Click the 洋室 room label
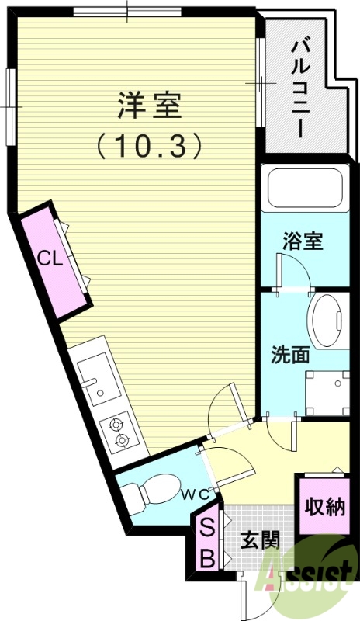150,105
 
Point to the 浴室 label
302,241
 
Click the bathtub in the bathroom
306,189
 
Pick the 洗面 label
290,355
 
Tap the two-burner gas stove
120,432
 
